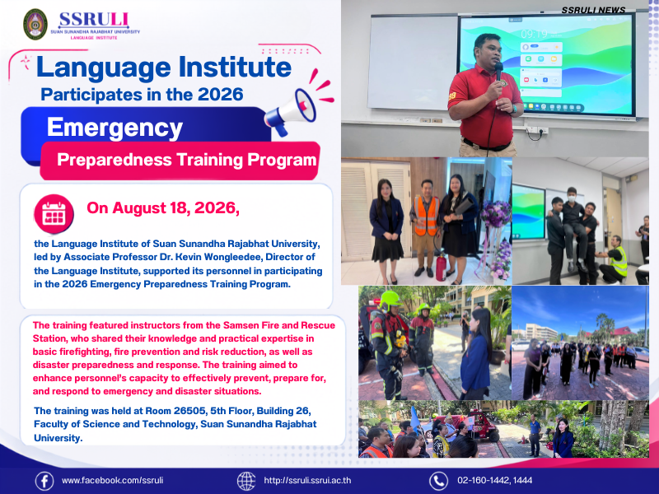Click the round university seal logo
pyautogui.click(x=35, y=24)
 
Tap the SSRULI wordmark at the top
pyautogui.click(x=93, y=20)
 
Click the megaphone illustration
pyautogui.click(x=291, y=111)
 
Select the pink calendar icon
pyautogui.click(x=54, y=214)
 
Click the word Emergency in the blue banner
pyautogui.click(x=115, y=127)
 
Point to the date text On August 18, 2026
pyautogui.click(x=163, y=208)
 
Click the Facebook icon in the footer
pyautogui.click(x=44, y=481)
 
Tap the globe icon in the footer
pyautogui.click(x=246, y=481)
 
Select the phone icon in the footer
pyautogui.click(x=438, y=481)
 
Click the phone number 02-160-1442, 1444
pyautogui.click(x=495, y=480)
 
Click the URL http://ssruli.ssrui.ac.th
pyautogui.click(x=307, y=480)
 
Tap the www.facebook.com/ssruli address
pyautogui.click(x=112, y=480)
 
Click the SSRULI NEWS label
pyautogui.click(x=593, y=10)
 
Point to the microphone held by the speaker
pyautogui.click(x=499, y=70)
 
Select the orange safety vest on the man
pyautogui.click(x=426, y=216)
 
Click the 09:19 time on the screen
pyautogui.click(x=534, y=34)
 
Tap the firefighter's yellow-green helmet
pyautogui.click(x=389, y=299)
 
